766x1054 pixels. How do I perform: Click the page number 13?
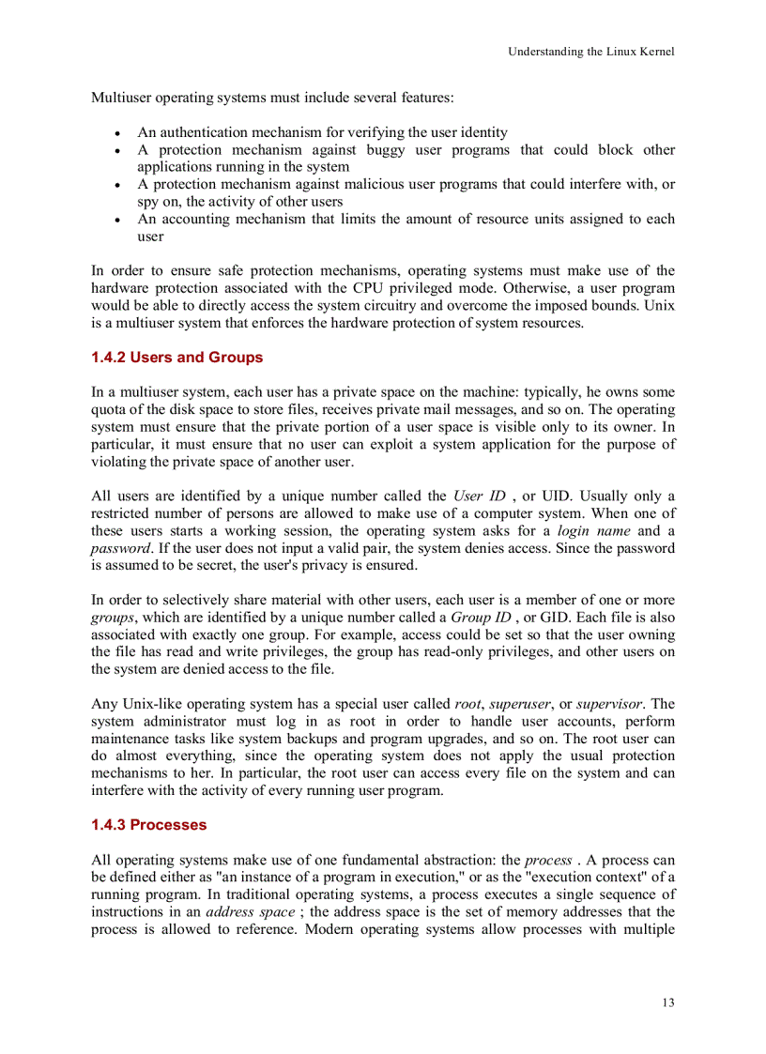(667, 1002)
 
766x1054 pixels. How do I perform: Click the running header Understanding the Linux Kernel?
(590, 52)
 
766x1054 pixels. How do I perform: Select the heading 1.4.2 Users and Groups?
(176, 358)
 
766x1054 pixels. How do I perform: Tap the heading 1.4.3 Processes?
(148, 825)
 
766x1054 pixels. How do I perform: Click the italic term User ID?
(479, 496)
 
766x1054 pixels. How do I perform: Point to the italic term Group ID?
(481, 617)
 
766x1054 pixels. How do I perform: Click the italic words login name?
(586, 530)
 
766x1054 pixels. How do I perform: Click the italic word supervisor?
(609, 703)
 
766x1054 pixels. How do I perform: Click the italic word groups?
(113, 617)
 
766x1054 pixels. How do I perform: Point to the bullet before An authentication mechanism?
(115, 133)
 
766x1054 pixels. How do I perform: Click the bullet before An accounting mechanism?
(115, 220)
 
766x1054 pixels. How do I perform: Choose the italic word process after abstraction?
(547, 860)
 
